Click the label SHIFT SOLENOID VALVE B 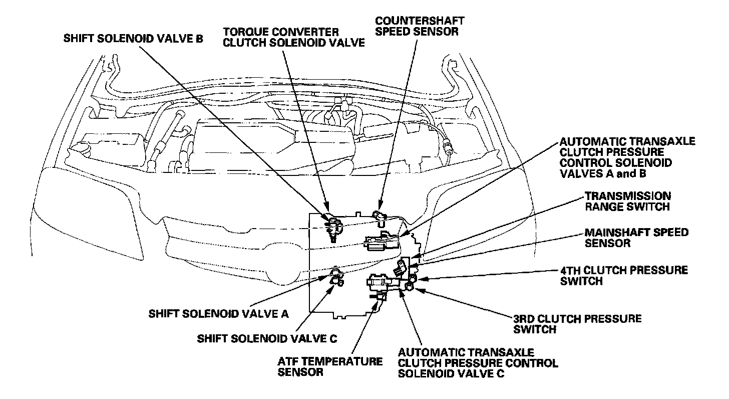click(x=133, y=39)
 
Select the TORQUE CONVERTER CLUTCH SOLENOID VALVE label click(x=294, y=37)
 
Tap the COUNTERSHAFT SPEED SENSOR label click(x=419, y=26)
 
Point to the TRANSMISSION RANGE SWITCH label click(x=627, y=201)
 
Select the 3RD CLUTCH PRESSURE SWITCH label click(x=577, y=324)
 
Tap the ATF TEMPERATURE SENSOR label click(x=330, y=366)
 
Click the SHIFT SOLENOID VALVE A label click(x=219, y=314)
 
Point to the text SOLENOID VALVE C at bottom click(x=451, y=374)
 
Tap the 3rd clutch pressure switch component click(x=409, y=286)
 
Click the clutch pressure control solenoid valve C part click(x=381, y=285)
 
